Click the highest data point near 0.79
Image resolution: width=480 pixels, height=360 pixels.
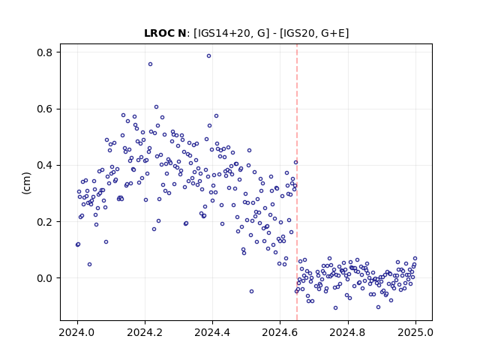pyautogui.click(x=208, y=56)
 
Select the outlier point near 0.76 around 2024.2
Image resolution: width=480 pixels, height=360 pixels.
pyautogui.click(x=150, y=64)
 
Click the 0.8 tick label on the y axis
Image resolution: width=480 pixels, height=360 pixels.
pyautogui.click(x=45, y=52)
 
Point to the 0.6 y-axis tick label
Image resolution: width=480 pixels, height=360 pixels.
pyautogui.click(x=45, y=109)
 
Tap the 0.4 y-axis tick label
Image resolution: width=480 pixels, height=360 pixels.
pyautogui.click(x=45, y=165)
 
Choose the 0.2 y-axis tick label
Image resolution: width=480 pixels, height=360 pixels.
pyautogui.click(x=45, y=222)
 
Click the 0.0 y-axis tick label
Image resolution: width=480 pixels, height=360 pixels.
pyautogui.click(x=45, y=278)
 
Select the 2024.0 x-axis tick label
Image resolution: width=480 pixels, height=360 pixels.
pyautogui.click(x=77, y=332)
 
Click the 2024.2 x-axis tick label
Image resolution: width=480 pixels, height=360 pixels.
pyautogui.click(x=145, y=332)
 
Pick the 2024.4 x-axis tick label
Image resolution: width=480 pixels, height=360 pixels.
pyautogui.click(x=212, y=332)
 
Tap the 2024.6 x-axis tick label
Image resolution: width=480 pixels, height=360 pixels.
pyautogui.click(x=280, y=332)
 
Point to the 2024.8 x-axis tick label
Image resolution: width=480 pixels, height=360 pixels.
pyautogui.click(x=347, y=332)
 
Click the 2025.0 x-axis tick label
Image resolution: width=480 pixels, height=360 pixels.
pyautogui.click(x=415, y=332)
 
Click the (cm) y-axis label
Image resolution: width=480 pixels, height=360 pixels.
pyautogui.click(x=27, y=183)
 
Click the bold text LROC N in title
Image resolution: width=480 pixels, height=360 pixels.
pyautogui.click(x=165, y=33)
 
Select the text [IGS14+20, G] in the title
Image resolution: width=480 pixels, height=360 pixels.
pyautogui.click(x=232, y=33)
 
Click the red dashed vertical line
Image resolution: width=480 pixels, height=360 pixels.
pyautogui.click(x=297, y=182)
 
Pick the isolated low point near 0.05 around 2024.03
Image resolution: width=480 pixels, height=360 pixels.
pyautogui.click(x=89, y=265)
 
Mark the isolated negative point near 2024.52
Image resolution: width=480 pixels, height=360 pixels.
pyautogui.click(x=252, y=292)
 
